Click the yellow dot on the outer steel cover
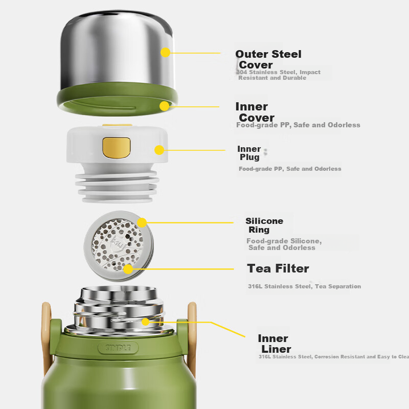[x=165, y=52]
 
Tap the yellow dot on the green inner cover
[x=164, y=106]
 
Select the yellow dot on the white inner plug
[x=159, y=150]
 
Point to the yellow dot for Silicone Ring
[x=142, y=222]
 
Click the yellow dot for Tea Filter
[x=128, y=268]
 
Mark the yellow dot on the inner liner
[x=146, y=322]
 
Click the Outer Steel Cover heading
[x=268, y=59]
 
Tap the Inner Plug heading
[x=249, y=153]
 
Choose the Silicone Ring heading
[x=264, y=225]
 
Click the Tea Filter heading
[x=278, y=268]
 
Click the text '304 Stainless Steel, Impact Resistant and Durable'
[x=279, y=75]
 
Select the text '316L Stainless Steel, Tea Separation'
[x=304, y=286]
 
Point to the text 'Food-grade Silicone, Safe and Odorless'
[x=284, y=244]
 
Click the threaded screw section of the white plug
[x=117, y=185]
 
